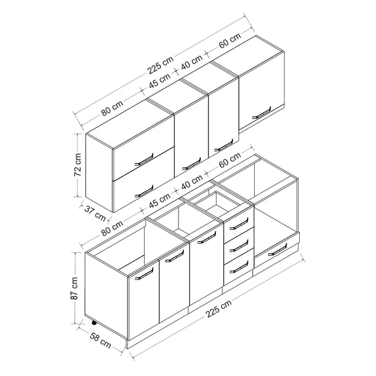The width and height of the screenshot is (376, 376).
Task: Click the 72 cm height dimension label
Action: pos(78,164)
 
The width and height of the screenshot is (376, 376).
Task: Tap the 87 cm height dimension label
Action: pos(74,288)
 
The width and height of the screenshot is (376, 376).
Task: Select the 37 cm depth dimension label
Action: pos(95,213)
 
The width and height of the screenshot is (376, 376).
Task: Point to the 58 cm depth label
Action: pos(100,340)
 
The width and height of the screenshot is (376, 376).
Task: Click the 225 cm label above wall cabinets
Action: pos(160,65)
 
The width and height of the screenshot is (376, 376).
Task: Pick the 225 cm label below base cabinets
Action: pos(218,308)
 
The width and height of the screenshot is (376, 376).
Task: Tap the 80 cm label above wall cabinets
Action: pos(112,108)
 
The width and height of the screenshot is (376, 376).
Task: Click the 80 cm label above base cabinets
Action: pos(112,228)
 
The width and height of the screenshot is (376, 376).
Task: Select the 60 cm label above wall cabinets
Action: pos(230,41)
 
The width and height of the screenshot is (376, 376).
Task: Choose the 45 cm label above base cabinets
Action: pos(159,201)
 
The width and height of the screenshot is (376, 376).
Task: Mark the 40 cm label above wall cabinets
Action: pos(192,62)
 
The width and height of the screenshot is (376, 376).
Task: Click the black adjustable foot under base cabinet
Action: pos(94,323)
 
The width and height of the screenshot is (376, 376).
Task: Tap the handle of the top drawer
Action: pos(239,224)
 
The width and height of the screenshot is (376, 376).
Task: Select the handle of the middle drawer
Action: pos(239,246)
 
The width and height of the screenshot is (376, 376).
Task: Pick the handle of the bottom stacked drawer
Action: pos(239,267)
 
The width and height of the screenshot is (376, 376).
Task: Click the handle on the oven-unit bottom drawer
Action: pos(277,250)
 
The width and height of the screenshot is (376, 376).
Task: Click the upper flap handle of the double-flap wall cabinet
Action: pos(144,159)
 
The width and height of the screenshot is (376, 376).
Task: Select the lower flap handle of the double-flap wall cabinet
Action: pos(144,191)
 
